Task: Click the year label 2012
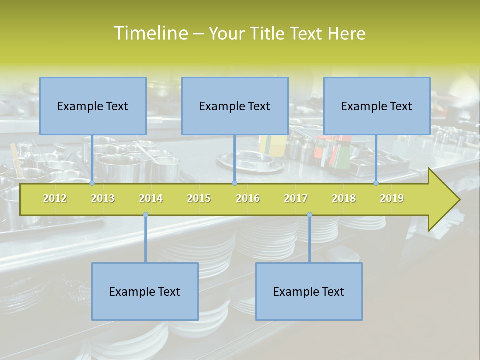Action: [55, 198]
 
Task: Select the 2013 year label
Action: [103, 198]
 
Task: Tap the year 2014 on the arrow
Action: [151, 198]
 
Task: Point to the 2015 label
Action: [199, 198]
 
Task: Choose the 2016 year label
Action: [248, 198]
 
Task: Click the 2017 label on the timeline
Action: [296, 198]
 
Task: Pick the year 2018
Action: [344, 198]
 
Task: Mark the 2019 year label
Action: [392, 198]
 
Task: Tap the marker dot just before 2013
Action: [92, 183]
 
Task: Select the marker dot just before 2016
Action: [234, 183]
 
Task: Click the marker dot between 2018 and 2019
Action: [376, 183]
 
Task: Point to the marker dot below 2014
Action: [145, 215]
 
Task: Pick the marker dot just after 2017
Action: [309, 215]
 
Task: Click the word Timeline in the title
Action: [150, 33]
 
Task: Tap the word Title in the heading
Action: [269, 33]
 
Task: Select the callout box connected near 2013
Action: [93, 106]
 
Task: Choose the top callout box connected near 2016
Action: [235, 106]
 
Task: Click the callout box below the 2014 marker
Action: [145, 291]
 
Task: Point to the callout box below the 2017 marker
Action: [309, 291]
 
